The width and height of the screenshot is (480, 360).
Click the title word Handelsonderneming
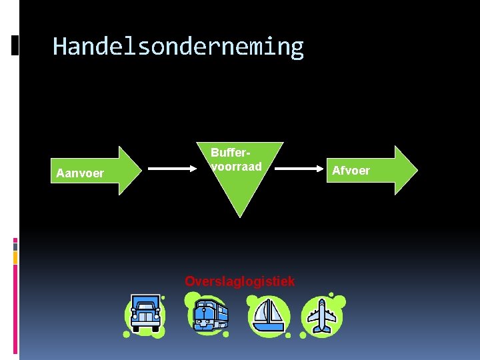point(178,47)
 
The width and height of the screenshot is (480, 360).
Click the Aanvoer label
point(80,173)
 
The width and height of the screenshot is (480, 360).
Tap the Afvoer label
point(351,171)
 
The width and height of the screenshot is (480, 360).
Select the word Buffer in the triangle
point(227,153)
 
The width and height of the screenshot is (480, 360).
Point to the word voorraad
point(236,166)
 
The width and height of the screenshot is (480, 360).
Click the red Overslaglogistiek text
point(239,281)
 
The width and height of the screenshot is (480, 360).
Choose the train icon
point(209,315)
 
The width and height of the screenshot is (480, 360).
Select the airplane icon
point(323,315)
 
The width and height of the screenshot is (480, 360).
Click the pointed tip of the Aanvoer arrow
point(144,170)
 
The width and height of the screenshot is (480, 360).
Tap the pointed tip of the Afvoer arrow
point(417,170)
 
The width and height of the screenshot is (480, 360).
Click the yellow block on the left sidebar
point(15,257)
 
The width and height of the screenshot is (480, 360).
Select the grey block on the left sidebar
point(15,246)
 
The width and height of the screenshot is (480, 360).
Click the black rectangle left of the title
point(15,45)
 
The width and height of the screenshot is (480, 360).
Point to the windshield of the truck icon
point(145,308)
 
